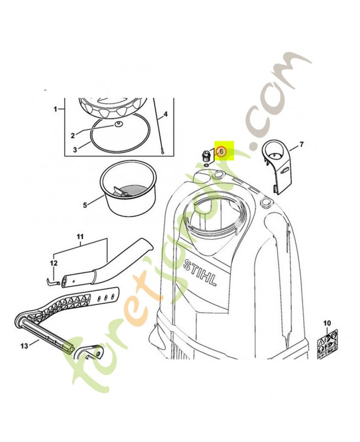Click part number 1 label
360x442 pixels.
click(56, 109)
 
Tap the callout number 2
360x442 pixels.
click(72, 135)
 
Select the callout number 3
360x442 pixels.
click(76, 149)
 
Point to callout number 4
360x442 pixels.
click(166, 114)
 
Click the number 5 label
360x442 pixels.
click(85, 206)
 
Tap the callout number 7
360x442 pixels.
click(302, 145)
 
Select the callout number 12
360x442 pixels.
click(54, 263)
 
